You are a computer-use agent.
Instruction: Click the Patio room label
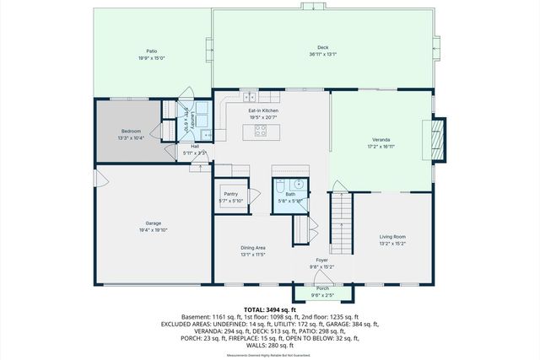(x=152, y=51)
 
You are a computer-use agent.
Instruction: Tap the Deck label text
(x=322, y=47)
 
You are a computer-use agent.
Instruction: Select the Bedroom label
(x=130, y=131)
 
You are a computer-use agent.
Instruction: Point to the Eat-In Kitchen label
(x=263, y=110)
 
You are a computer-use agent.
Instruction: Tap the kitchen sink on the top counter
(x=253, y=97)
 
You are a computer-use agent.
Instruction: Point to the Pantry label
(x=230, y=194)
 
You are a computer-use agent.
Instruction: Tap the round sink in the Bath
(x=297, y=185)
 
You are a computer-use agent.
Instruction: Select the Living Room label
(x=392, y=237)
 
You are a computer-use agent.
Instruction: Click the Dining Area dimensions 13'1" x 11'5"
(x=254, y=254)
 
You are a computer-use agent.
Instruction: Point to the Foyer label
(x=322, y=260)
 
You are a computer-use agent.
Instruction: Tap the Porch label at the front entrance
(x=322, y=289)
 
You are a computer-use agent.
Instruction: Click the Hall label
(x=194, y=146)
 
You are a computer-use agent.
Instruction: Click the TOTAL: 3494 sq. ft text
(x=269, y=309)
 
